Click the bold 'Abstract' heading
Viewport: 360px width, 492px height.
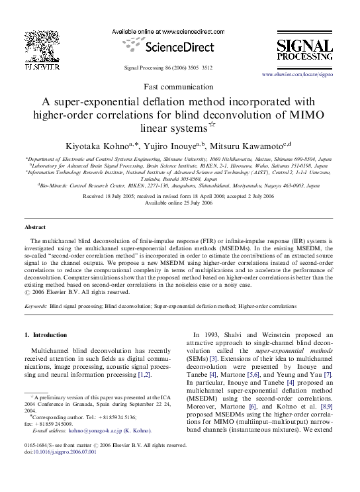(35, 227)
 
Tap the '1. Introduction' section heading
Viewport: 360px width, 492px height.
(46, 335)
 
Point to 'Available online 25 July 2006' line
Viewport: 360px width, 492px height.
(179, 203)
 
